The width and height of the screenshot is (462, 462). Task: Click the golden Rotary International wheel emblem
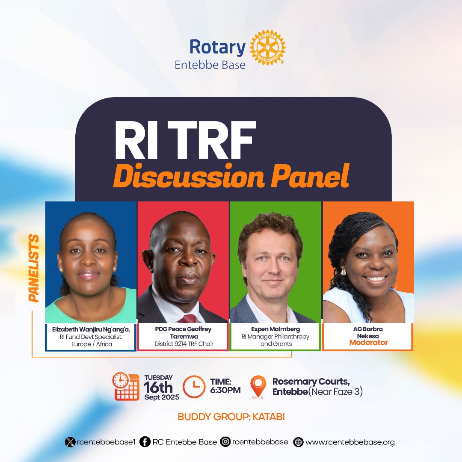267,47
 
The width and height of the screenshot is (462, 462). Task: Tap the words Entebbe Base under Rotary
210,65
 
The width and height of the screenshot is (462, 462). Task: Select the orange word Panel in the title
310,176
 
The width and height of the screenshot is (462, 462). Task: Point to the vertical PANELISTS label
34,268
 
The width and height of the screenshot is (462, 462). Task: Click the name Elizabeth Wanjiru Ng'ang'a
91,329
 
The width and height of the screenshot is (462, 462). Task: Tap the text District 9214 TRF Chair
184,344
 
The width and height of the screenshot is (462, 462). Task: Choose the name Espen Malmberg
275,329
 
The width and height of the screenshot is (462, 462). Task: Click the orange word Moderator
369,342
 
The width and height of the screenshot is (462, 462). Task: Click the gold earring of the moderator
343,271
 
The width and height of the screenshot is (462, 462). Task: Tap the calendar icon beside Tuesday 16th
126,386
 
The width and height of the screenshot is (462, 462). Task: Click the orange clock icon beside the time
194,387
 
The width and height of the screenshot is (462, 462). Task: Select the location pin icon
258,387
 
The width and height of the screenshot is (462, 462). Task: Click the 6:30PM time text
225,390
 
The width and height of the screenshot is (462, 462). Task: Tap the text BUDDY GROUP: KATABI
231,417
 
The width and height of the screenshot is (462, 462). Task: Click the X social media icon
70,442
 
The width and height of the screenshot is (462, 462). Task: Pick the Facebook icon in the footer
145,442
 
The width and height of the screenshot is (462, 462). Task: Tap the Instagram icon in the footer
225,441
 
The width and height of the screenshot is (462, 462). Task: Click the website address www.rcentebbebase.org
350,442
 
